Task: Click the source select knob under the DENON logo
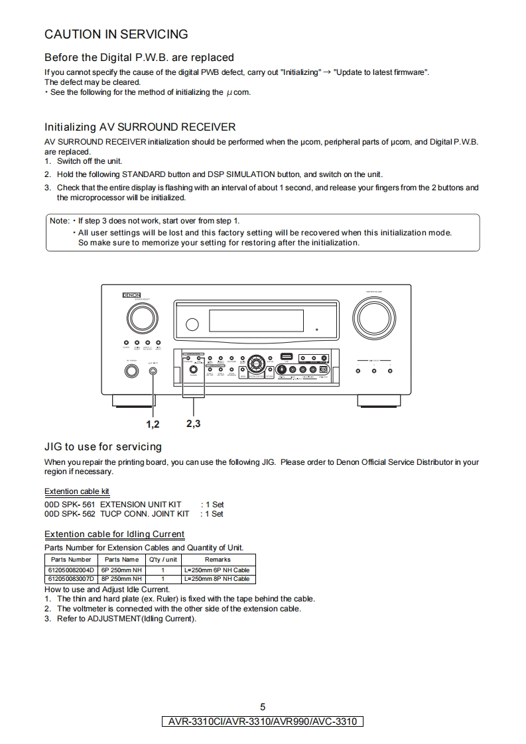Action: coord(141,319)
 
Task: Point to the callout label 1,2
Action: coord(153,424)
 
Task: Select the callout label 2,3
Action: coord(194,423)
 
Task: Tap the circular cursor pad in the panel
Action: coord(255,364)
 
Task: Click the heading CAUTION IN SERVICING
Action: coord(116,34)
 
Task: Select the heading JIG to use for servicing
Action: coord(103,446)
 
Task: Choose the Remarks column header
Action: coord(218,560)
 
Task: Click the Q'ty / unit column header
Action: coord(163,560)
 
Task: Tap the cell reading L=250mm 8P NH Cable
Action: coord(217,579)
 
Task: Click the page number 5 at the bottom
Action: coord(263,707)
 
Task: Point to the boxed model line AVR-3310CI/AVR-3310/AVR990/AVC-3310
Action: coord(263,721)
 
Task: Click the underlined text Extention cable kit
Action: coord(77,491)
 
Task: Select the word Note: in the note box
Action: coord(59,221)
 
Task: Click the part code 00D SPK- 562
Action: coord(70,514)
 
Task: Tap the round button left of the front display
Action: coord(192,324)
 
